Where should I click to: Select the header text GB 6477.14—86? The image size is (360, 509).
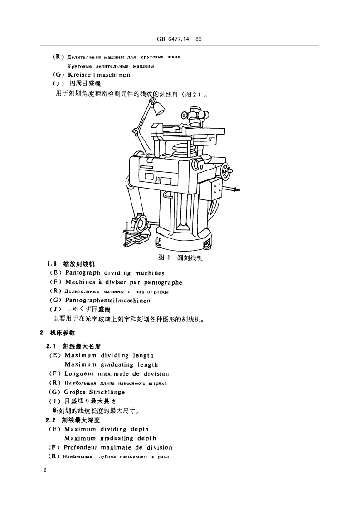coord(179,39)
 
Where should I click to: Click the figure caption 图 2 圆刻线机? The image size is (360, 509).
coord(180,257)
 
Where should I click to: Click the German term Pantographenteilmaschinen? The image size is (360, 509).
coord(108,300)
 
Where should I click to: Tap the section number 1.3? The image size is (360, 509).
coord(52,264)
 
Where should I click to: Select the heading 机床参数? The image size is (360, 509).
coord(63,333)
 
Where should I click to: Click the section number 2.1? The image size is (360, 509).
coord(52,346)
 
